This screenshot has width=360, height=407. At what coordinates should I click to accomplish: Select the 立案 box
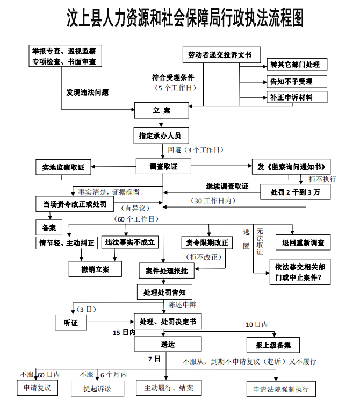[161, 111]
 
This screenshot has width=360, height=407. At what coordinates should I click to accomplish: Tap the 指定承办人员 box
[161, 135]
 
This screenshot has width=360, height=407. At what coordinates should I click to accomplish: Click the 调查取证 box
[163, 167]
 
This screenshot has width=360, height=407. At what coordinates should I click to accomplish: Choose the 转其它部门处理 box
[295, 65]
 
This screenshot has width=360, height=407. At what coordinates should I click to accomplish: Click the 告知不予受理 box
[291, 82]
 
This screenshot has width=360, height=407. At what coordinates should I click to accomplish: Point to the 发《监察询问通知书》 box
[291, 166]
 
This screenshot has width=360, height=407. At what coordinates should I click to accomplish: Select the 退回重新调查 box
[303, 242]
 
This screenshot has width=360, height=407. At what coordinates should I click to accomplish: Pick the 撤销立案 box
[95, 269]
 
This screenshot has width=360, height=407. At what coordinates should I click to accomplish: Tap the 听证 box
[71, 323]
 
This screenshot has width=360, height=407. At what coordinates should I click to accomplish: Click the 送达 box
[168, 344]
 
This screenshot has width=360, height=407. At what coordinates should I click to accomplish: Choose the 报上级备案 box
[273, 345]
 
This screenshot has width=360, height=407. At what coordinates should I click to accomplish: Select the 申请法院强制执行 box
[277, 389]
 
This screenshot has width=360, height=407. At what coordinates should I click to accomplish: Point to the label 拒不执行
[322, 179]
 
